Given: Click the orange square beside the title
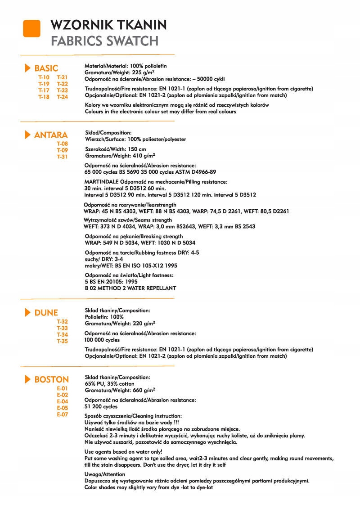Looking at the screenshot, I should click(x=31, y=29).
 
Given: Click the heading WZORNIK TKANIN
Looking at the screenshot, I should click(x=109, y=24).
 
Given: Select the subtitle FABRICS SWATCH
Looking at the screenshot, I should click(x=104, y=41).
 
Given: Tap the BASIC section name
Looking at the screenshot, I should click(x=46, y=68).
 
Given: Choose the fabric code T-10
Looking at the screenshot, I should click(x=44, y=77).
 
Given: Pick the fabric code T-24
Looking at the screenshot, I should click(x=62, y=96).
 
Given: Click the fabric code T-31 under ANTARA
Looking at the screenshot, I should click(x=62, y=157).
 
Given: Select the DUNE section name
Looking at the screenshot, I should click(x=46, y=313).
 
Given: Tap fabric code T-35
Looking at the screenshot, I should click(x=62, y=341).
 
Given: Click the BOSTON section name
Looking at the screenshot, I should click(x=51, y=379).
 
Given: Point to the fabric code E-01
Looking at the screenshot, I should click(x=62, y=388).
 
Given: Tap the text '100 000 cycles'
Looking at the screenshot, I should click(x=102, y=340).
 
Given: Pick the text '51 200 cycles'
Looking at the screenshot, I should click(x=101, y=406).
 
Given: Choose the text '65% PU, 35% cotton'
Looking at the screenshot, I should click(x=109, y=383).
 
